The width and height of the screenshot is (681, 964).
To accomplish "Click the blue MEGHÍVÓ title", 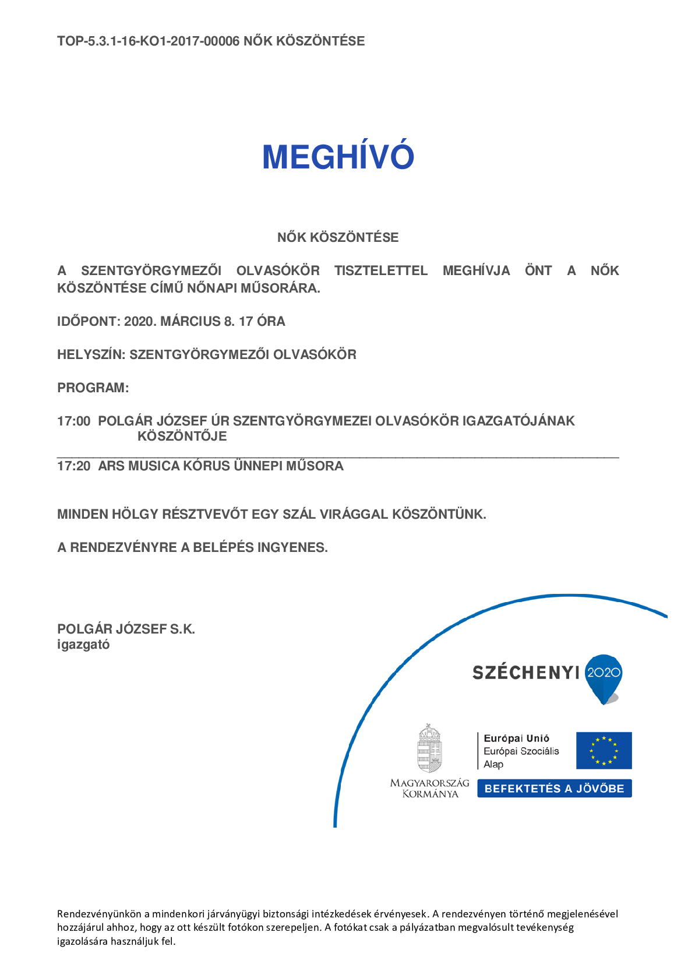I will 338,157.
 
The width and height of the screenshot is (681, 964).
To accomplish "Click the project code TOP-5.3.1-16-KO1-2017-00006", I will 148,41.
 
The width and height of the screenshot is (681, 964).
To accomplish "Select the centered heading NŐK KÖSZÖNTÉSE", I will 338,238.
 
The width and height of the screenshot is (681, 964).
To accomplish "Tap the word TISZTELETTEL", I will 381,271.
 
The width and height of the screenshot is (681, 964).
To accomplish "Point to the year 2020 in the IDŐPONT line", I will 139,322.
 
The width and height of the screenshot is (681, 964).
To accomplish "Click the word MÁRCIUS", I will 190,322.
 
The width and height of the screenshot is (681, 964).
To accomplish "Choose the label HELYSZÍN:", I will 91,355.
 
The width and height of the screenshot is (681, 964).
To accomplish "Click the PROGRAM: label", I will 93,388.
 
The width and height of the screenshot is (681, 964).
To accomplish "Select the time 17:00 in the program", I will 74,421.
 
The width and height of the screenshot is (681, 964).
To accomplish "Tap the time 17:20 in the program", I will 74,466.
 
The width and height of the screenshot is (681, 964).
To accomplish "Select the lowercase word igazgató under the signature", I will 83,645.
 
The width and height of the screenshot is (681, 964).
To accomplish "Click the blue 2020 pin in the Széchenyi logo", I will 604,676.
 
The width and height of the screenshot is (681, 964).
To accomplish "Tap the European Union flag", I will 604,751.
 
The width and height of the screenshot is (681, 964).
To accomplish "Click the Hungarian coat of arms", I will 429,748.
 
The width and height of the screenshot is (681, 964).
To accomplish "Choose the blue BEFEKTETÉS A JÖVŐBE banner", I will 554,789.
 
